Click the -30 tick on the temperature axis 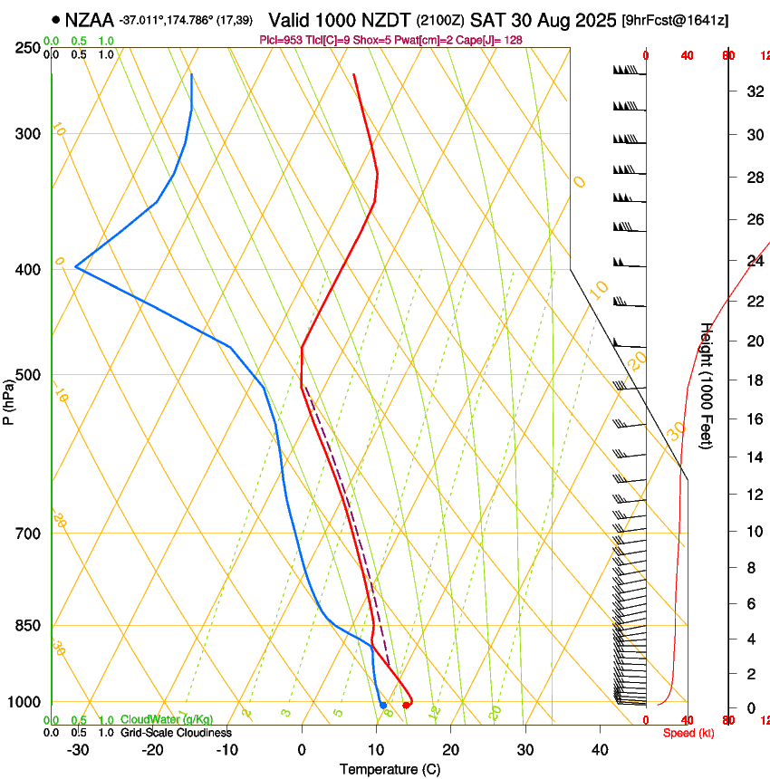click(78, 750)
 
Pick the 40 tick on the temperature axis click(599, 750)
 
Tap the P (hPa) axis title click(9, 399)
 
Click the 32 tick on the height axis click(753, 91)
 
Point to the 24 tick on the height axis click(753, 261)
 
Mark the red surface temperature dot click(406, 705)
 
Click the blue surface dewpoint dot click(383, 705)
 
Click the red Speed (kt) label click(688, 733)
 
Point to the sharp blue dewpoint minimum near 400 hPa click(76, 267)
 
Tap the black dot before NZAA click(56, 19)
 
